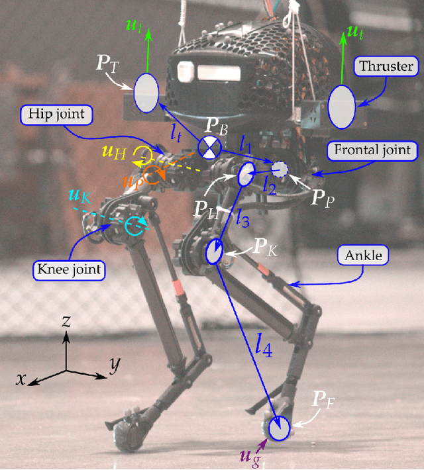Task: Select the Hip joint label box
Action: [57, 114]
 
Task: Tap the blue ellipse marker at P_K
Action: [215, 252]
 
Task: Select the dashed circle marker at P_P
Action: [280, 170]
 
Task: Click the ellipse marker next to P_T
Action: [146, 93]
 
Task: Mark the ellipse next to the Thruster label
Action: [343, 106]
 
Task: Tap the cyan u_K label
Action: [78, 195]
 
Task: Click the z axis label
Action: [68, 322]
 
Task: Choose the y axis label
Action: [115, 363]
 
